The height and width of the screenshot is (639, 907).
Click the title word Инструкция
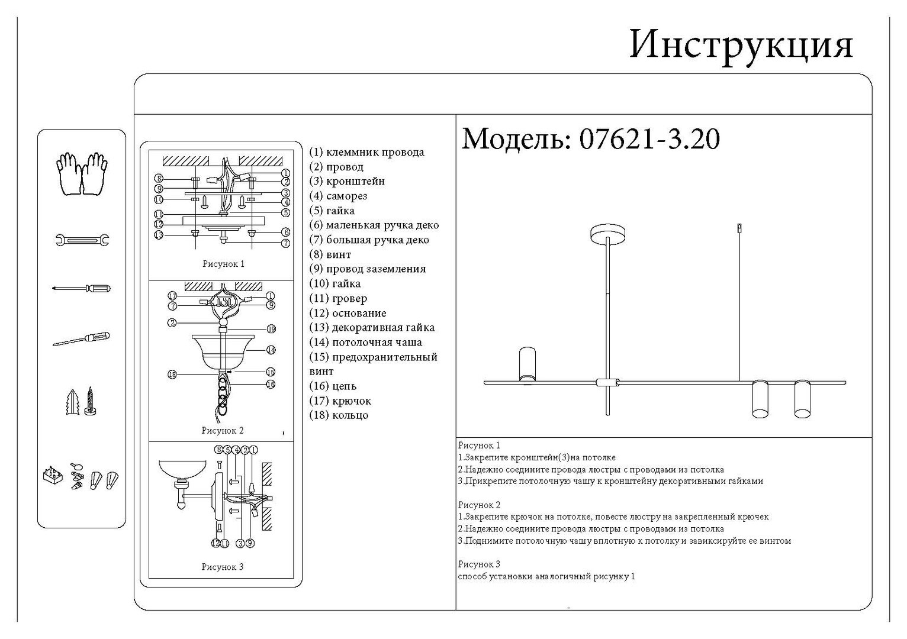click(741, 44)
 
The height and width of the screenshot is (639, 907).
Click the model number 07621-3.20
click(649, 140)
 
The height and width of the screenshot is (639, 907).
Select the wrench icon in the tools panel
click(82, 240)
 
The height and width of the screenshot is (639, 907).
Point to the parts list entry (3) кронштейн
click(347, 181)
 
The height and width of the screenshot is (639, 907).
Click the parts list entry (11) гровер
click(338, 299)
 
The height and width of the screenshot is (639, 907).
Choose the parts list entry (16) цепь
click(333, 386)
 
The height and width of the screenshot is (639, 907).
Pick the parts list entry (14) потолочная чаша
click(365, 342)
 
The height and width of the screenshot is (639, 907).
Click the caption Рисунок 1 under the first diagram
click(223, 264)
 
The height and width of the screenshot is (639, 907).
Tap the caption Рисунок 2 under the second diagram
click(223, 431)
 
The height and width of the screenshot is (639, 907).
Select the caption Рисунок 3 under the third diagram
click(223, 567)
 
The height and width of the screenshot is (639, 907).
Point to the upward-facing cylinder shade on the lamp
click(527, 364)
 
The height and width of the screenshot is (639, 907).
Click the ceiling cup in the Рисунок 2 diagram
click(220, 352)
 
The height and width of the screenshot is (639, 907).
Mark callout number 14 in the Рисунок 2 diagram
click(271, 350)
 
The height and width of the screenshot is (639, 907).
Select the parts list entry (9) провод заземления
click(367, 269)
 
